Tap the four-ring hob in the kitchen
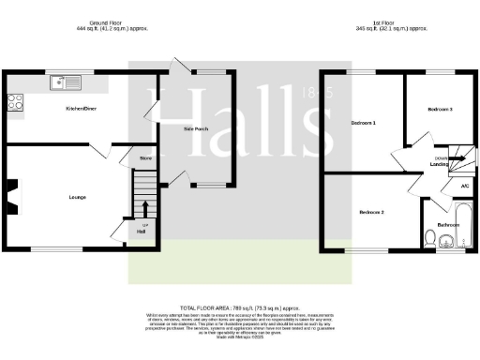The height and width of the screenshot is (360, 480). pyautogui.click(x=16, y=102)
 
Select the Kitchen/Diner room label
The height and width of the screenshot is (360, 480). pyautogui.click(x=81, y=109)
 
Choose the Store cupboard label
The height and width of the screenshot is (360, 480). pyautogui.click(x=145, y=158)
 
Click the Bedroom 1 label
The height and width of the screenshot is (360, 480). pyautogui.click(x=364, y=123)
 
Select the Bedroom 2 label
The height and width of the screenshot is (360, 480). pyautogui.click(x=372, y=212)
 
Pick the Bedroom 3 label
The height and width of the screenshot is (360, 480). pyautogui.click(x=440, y=110)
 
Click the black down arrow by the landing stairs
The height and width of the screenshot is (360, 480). pyautogui.click(x=457, y=161)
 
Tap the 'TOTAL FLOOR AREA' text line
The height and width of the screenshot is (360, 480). pyautogui.click(x=239, y=307)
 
